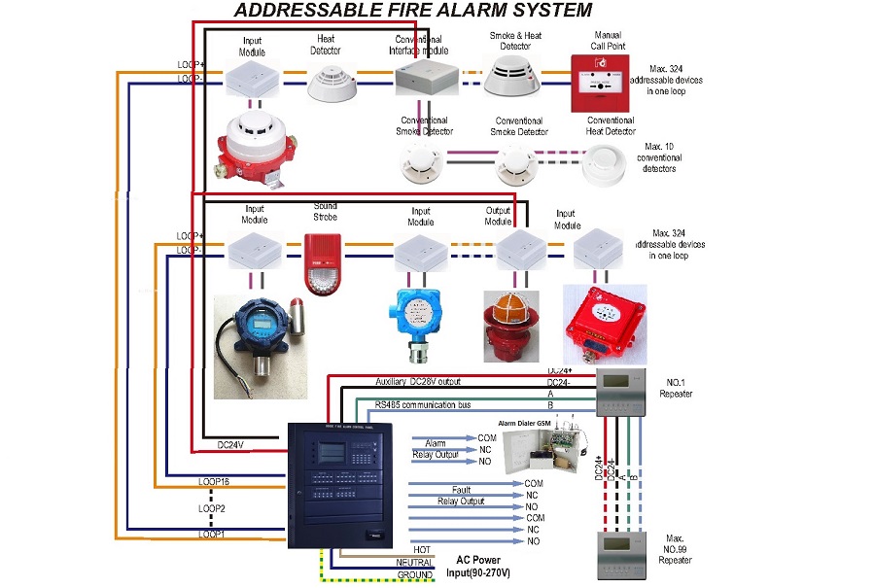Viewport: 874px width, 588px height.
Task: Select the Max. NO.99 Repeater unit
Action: click(622, 554)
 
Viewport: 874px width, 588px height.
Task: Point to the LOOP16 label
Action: click(213, 482)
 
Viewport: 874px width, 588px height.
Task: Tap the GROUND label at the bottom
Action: click(413, 574)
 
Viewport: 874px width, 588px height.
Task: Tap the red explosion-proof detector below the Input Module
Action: click(252, 150)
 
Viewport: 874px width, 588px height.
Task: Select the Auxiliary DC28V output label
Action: click(432, 381)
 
